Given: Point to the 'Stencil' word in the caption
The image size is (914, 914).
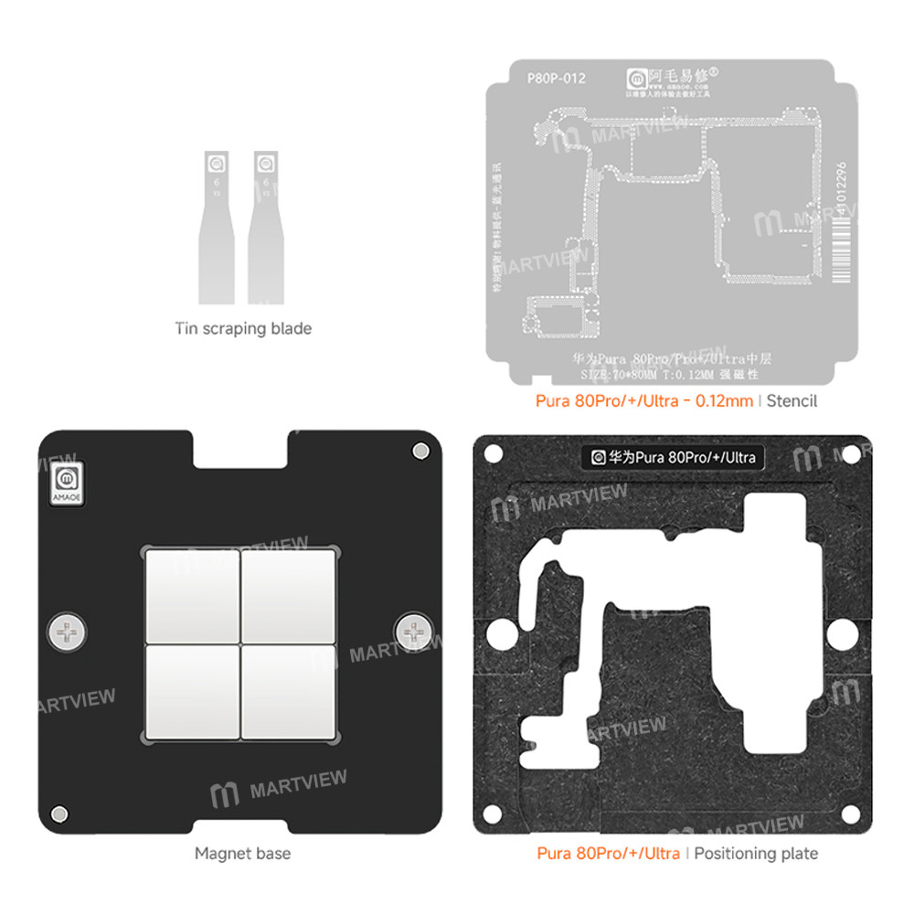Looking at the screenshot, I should coord(792,400).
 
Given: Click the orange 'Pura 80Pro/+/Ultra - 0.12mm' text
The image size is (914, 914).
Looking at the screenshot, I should coord(645,400).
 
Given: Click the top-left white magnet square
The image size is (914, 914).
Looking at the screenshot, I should coord(191,595).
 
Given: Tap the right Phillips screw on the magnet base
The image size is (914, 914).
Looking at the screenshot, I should coord(413,630).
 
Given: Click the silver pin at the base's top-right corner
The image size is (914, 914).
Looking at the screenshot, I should coord(420,451).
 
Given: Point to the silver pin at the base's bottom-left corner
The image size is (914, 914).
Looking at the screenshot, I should coord(59,813).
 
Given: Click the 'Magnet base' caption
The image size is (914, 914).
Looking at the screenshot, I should coord(242,854).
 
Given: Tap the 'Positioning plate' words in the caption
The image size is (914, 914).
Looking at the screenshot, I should coord(756,854).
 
